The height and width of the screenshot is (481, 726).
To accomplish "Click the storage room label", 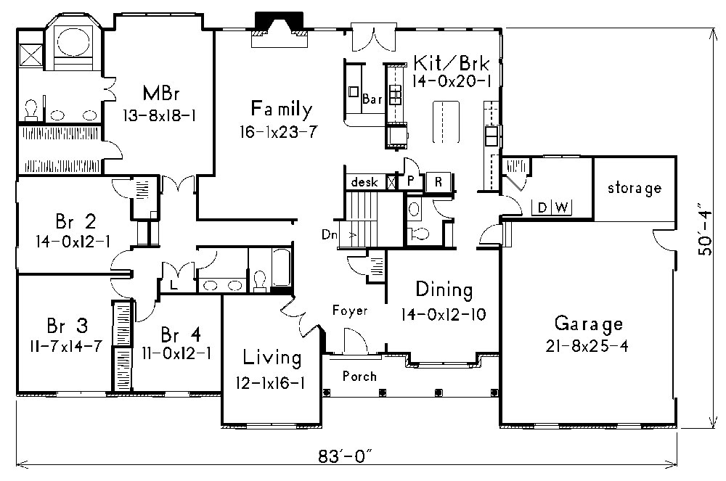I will point(635,189).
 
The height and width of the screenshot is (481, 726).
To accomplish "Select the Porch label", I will point(359,376).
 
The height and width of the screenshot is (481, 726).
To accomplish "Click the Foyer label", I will point(350,311).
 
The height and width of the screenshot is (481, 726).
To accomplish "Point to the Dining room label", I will point(444,290).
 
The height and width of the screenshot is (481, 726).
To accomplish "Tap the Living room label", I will point(272,358).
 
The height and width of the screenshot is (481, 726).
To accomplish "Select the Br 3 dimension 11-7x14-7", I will point(65,345).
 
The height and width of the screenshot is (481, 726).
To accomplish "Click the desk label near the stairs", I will point(364,183).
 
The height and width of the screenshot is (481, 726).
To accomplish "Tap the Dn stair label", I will point(329,235).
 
